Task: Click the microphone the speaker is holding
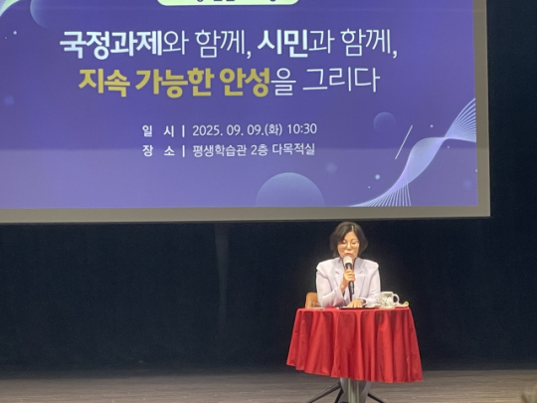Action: [x=349, y=267]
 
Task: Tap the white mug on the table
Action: [x=389, y=299]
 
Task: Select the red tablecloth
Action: [x=355, y=343]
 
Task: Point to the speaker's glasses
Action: [x=349, y=245]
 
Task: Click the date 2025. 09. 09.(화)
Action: [x=238, y=129]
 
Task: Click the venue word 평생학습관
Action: [x=220, y=151]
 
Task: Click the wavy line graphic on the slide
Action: [x=428, y=154]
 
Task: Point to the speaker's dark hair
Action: [x=348, y=231]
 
